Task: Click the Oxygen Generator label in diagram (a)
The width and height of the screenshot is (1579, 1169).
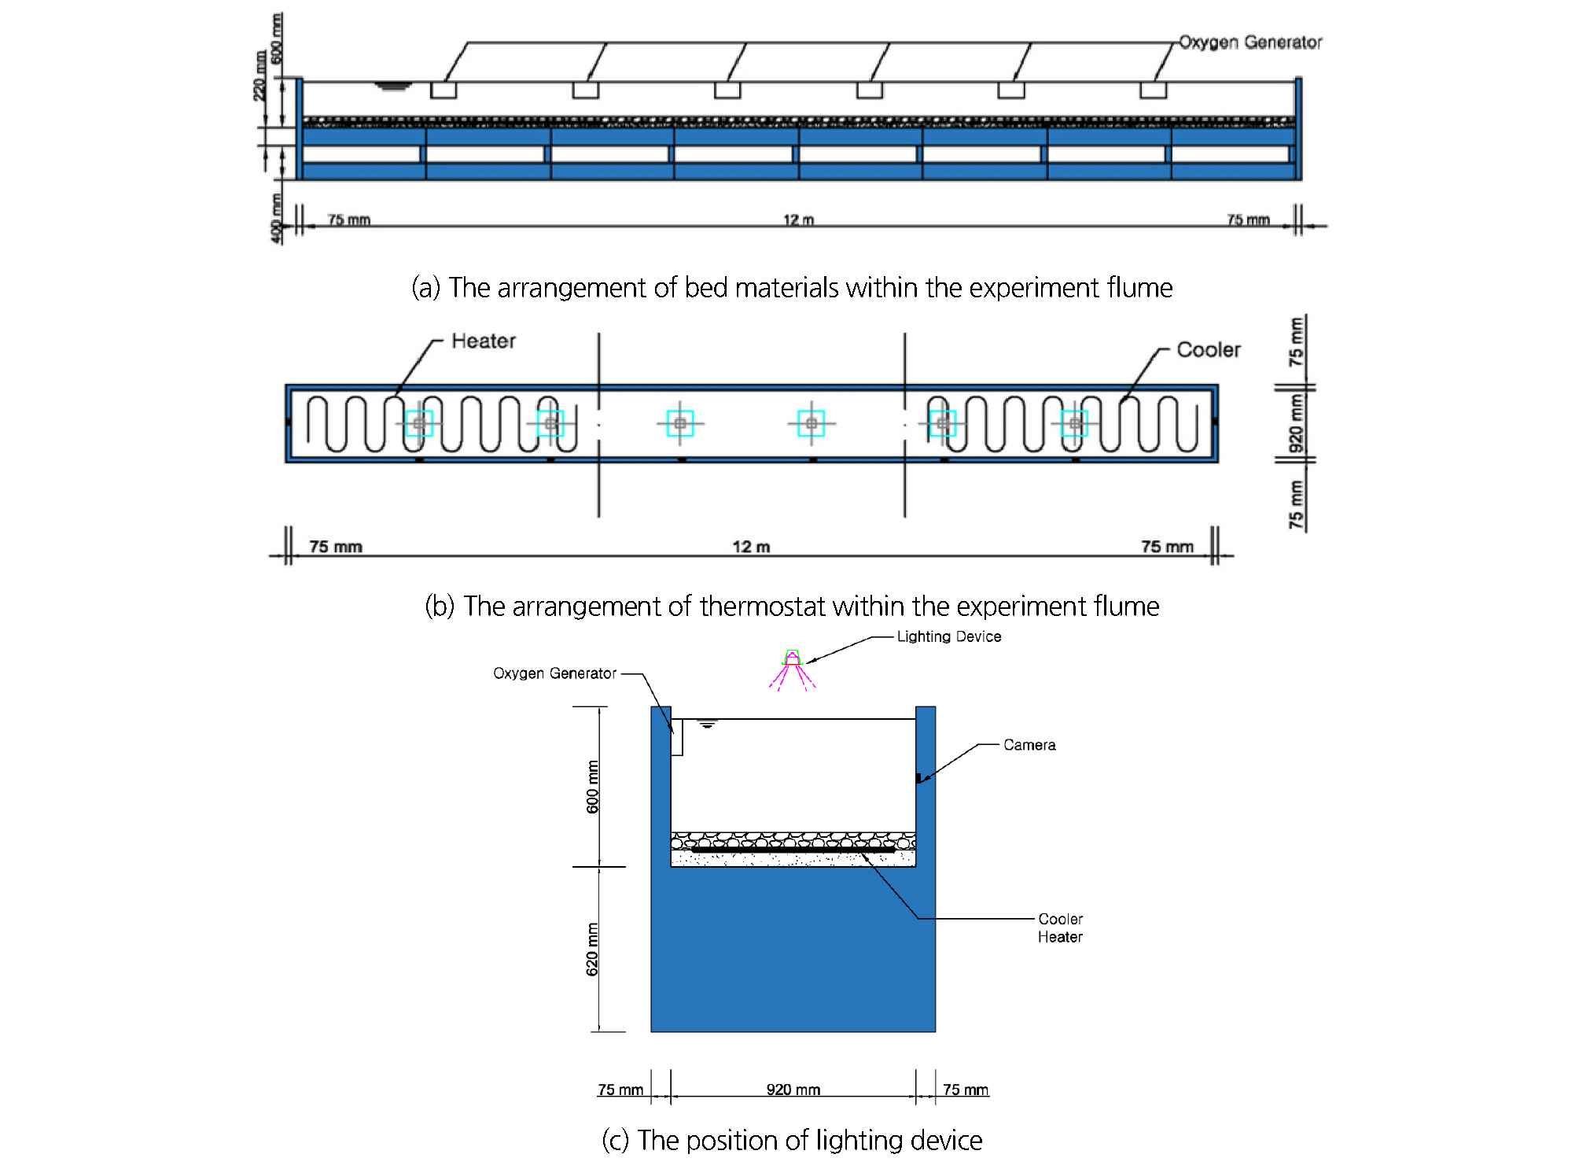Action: pos(1250,42)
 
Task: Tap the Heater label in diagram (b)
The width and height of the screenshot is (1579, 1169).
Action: pos(484,341)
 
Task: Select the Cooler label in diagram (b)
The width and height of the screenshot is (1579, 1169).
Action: pos(1208,350)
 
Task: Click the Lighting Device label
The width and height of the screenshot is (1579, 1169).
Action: pos(948,636)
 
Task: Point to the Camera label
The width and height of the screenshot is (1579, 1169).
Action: pos(1029,745)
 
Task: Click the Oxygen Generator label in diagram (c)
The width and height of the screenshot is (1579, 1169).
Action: pos(554,673)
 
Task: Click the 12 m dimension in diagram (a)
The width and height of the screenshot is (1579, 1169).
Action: pos(798,219)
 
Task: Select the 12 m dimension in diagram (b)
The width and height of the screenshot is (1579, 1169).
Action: pos(751,547)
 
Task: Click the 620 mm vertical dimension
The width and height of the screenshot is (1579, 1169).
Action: pos(592,949)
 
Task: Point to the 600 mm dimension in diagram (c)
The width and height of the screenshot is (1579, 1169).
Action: pos(592,787)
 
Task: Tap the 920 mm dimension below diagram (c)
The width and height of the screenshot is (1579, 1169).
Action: pos(793,1090)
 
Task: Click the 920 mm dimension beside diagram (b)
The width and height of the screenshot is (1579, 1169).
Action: pos(1295,423)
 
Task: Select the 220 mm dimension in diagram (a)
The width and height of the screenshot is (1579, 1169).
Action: pos(259,76)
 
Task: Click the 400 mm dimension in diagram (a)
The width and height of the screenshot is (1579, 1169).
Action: pos(276,219)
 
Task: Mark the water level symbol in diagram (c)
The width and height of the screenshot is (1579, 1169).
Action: pos(708,725)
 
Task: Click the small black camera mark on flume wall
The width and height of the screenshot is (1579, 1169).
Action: pos(918,778)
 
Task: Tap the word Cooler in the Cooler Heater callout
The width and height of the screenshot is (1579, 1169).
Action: pos(1060,919)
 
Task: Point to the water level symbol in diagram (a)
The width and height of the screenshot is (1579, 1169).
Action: pos(392,86)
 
